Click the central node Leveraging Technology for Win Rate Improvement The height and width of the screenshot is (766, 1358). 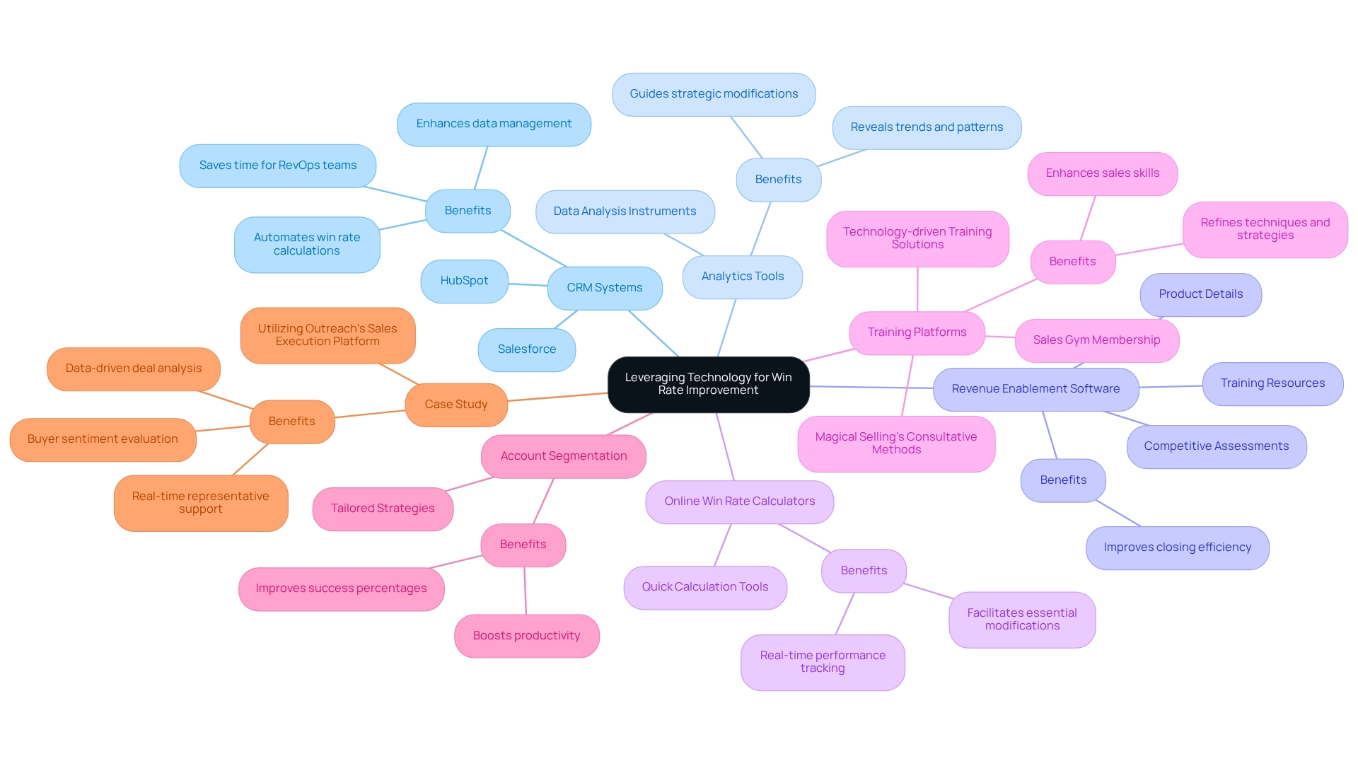click(708, 384)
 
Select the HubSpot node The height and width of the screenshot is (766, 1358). click(464, 281)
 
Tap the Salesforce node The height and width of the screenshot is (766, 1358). click(526, 349)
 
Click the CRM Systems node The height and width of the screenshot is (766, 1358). click(604, 288)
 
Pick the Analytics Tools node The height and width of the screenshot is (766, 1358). click(742, 277)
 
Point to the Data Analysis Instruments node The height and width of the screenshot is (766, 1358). click(625, 211)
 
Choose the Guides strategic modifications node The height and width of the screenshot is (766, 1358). click(713, 94)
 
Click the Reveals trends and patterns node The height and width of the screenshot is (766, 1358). click(926, 127)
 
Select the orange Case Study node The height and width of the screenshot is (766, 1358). click(455, 405)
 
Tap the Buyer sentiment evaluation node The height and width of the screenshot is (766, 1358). click(103, 439)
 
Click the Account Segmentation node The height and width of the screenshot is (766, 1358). click(563, 456)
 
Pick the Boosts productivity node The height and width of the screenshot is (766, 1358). click(526, 636)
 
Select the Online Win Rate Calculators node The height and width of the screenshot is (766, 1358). click(739, 501)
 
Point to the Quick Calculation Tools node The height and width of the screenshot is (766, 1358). click(704, 587)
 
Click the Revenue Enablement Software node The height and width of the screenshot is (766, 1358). click(1035, 389)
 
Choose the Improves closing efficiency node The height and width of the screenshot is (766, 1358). click(1177, 547)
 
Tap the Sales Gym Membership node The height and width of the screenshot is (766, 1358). click(1096, 340)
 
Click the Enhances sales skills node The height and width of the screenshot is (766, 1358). click(1102, 173)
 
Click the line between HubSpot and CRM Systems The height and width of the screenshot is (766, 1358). click(528, 284)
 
